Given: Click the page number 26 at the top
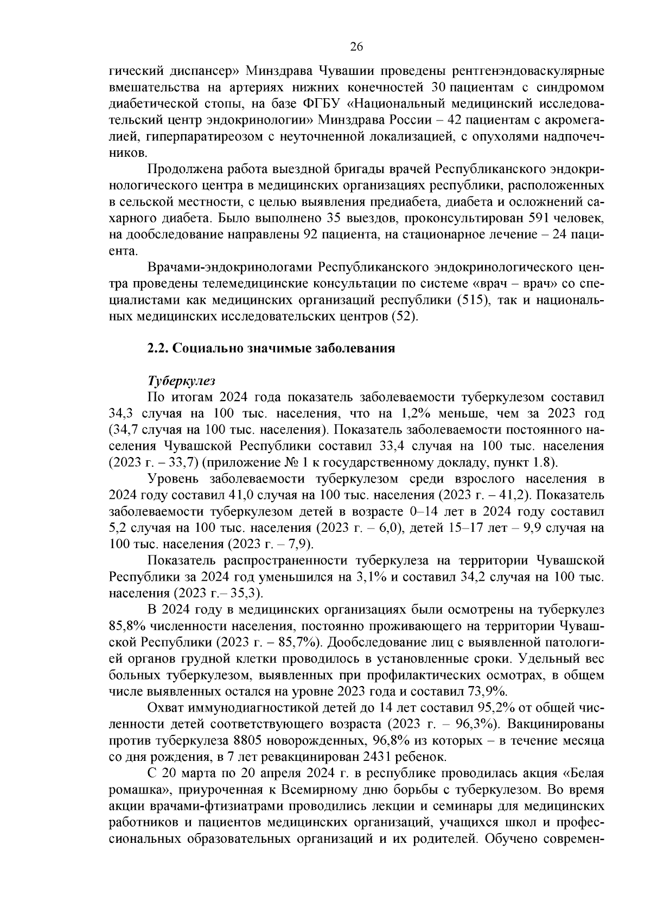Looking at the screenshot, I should tap(356, 47).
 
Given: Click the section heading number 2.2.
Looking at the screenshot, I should tap(158, 349).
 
